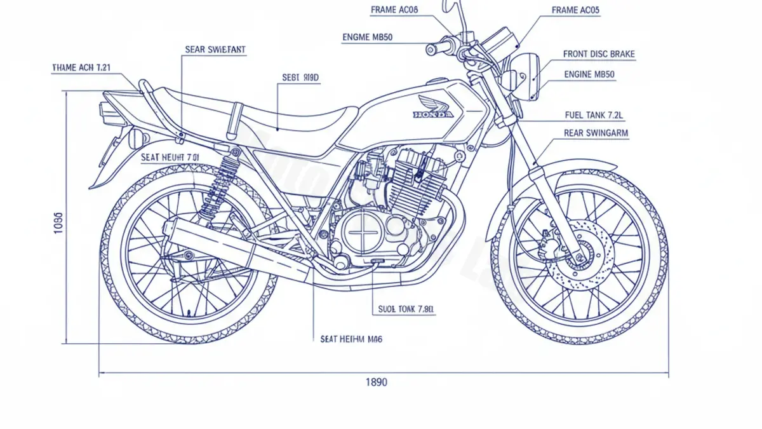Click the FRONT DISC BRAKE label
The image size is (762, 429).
(598, 55)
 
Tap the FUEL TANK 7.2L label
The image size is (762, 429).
(594, 115)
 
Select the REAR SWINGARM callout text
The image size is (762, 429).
(596, 133)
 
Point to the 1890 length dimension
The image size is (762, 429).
(376, 382)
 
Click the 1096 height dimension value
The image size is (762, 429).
(58, 223)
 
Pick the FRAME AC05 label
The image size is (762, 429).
(575, 10)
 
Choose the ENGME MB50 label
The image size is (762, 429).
(367, 37)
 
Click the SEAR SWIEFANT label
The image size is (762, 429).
(215, 49)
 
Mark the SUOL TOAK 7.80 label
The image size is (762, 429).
(406, 309)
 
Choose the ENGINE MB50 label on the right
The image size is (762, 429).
(589, 74)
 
